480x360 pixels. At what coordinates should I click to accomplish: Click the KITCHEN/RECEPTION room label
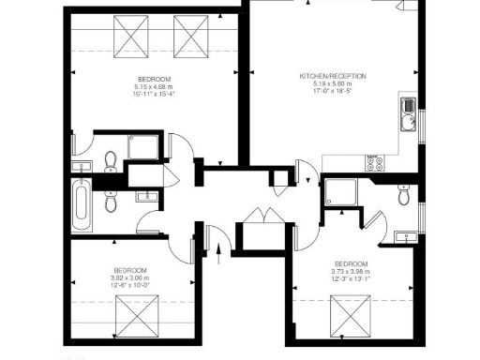pos(333,76)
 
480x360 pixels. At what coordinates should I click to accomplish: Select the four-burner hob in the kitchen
pos(376,161)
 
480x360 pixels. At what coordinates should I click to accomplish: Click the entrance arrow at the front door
pos(218,248)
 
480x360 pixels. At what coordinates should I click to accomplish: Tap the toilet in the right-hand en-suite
pos(403,196)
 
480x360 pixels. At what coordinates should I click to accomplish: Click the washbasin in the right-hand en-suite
pos(406,235)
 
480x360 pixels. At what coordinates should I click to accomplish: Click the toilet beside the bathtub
pos(111,200)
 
